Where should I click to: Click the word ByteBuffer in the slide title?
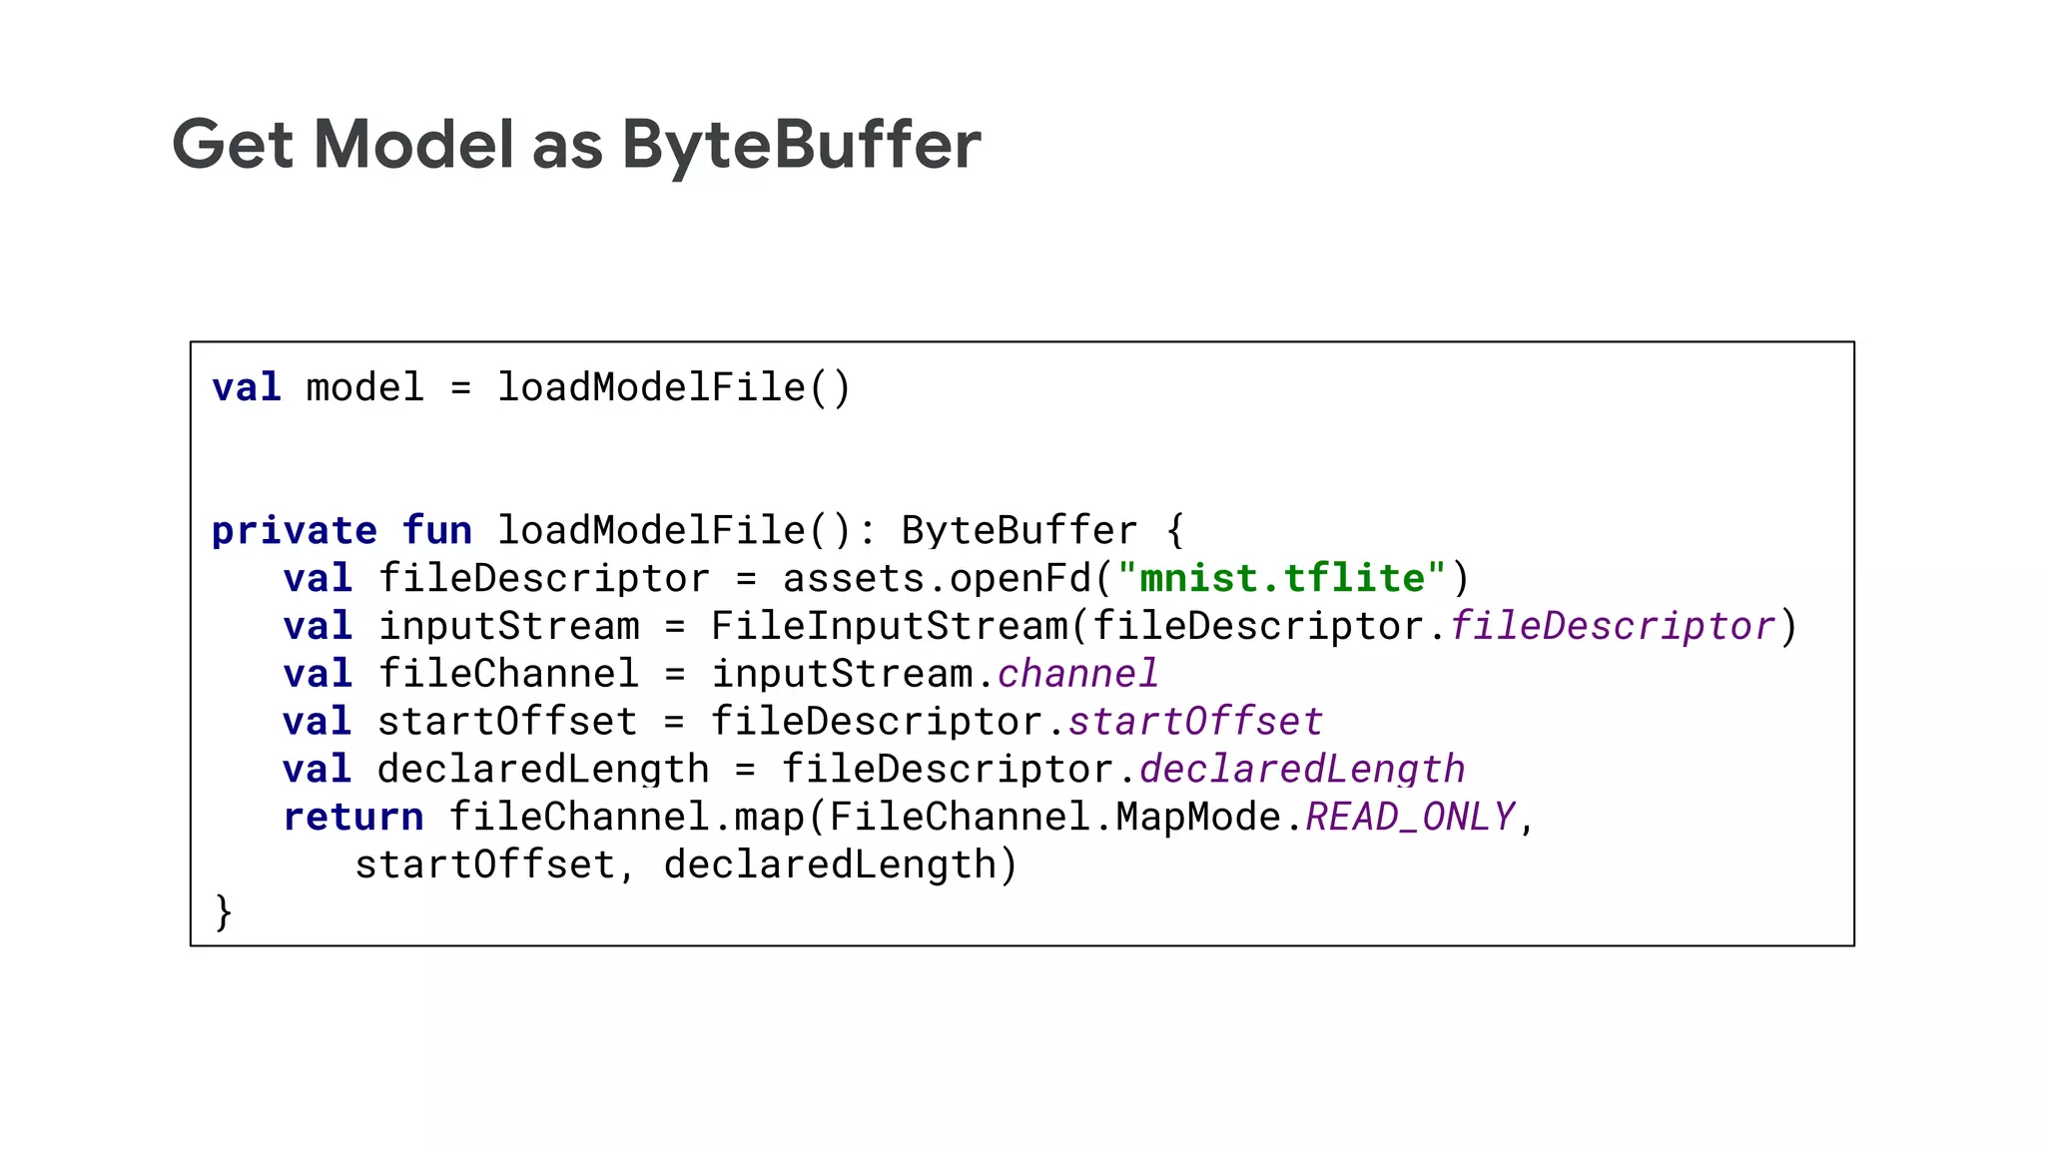[x=801, y=146]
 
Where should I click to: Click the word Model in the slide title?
[x=413, y=146]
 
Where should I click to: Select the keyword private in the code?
[x=294, y=531]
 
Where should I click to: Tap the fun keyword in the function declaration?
[x=437, y=531]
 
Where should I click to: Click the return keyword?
[x=353, y=818]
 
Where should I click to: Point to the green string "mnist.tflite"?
[x=1281, y=579]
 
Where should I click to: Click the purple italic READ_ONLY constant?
[x=1410, y=818]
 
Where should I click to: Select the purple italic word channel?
[x=1078, y=674]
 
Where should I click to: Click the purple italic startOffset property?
[x=1195, y=722]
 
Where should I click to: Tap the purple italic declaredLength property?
[x=1302, y=770]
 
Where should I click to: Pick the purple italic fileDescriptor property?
[x=1613, y=627]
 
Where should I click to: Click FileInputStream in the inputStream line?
[x=889, y=627]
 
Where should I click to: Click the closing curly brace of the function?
[x=224, y=912]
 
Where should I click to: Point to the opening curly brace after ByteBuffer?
[x=1175, y=531]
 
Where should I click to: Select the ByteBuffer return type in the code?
[x=1019, y=531]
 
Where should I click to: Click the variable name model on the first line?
[x=364, y=388]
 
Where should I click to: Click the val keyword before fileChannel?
[x=318, y=674]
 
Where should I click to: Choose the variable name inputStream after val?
[x=509, y=627]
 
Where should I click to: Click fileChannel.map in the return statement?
[x=626, y=818]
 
